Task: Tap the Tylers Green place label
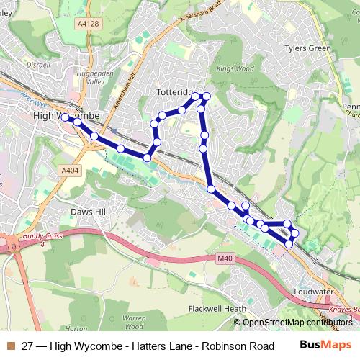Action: (307, 48)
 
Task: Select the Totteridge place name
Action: (176, 93)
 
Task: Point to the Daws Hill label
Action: (89, 212)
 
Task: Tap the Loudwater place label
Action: (313, 292)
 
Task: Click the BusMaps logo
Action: (326, 345)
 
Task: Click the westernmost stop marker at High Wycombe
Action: (65, 117)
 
